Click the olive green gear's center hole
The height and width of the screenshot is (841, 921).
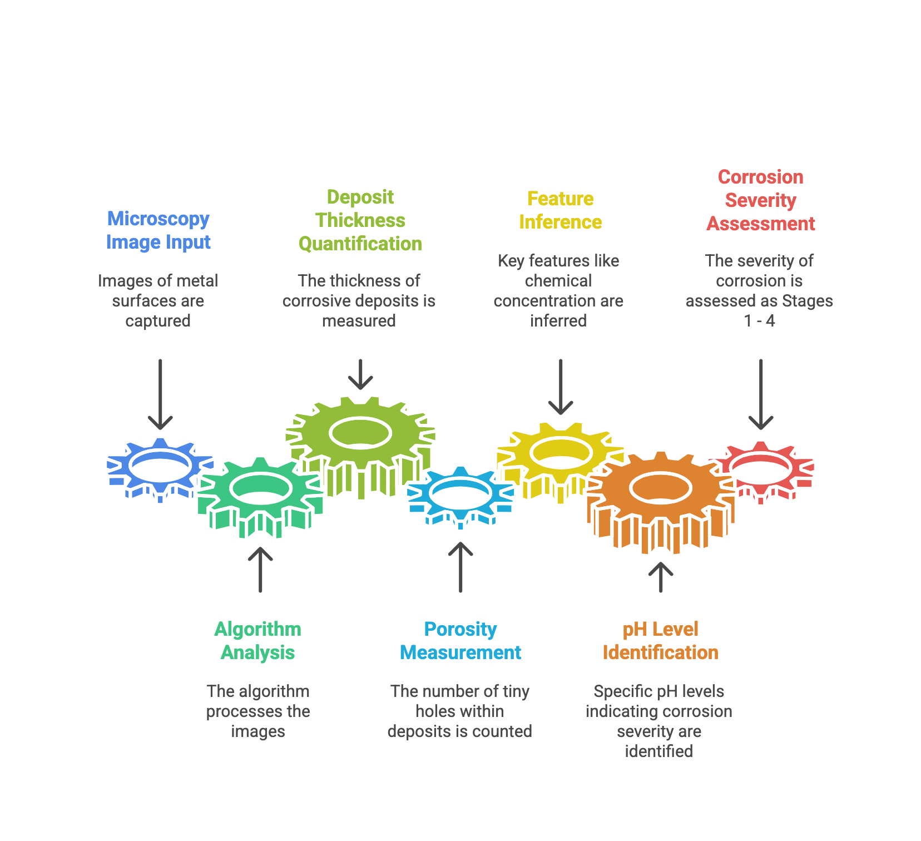coord(360,433)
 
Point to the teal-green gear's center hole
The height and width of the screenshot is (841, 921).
coord(260,488)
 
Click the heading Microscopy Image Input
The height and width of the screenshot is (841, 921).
coord(158,230)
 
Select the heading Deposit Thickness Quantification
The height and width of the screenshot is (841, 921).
coord(360,220)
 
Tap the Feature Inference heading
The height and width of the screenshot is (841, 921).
coord(560,210)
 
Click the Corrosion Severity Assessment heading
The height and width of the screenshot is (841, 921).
coord(760,200)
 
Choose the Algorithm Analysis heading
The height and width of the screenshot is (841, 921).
coord(258,641)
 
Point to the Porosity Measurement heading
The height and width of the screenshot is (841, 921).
coord(460,641)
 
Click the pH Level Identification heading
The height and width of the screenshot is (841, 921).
coord(660,641)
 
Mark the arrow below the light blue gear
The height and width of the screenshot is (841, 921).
coord(460,567)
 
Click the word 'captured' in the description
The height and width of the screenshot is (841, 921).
coord(158,321)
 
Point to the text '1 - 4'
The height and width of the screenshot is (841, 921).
coord(759,321)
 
